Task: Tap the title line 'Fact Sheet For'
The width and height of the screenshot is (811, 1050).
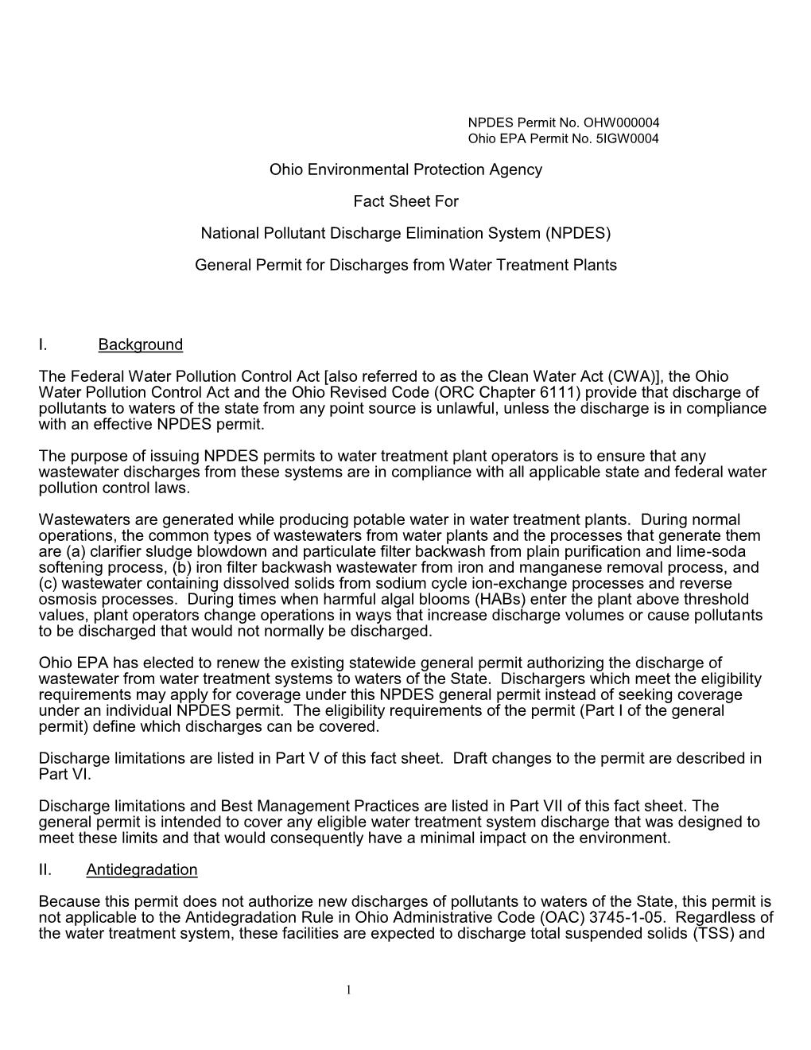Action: click(405, 201)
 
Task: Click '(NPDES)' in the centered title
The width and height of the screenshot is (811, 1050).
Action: click(577, 233)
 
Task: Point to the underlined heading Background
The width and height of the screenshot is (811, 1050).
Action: click(141, 344)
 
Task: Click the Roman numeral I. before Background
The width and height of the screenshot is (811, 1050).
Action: click(42, 344)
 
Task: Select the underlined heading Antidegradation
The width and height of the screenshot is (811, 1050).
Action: click(142, 869)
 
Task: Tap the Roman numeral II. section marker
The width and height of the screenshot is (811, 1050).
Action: click(45, 869)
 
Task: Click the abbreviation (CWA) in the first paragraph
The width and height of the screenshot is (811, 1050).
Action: click(608, 376)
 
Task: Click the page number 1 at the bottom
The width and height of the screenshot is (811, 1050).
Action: click(349, 989)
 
